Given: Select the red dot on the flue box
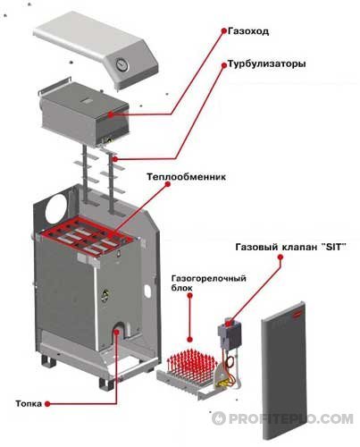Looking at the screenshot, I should click(111, 115).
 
